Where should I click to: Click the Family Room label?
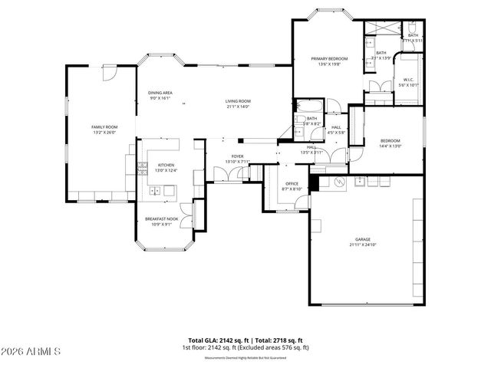[x=104, y=126]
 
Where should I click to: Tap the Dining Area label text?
[x=160, y=93]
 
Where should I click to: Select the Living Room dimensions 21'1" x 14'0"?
[x=238, y=107]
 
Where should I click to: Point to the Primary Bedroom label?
[x=328, y=58]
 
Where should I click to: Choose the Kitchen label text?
[x=166, y=165]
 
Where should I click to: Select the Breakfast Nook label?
[x=162, y=219]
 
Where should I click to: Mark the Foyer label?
[x=237, y=156]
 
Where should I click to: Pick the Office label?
[x=292, y=183]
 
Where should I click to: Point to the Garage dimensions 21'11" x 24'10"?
[x=363, y=245]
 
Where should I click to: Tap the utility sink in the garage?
[x=358, y=182]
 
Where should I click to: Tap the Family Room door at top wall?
[x=110, y=72]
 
